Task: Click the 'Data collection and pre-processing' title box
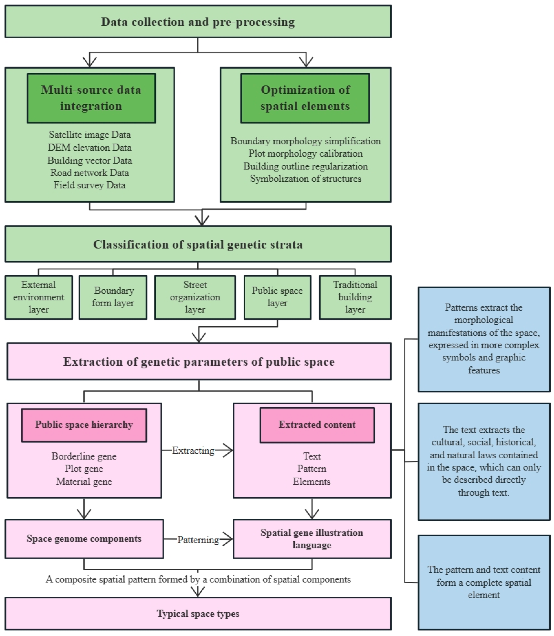click(x=198, y=22)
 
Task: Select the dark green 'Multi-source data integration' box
click(x=91, y=98)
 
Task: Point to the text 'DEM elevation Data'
click(x=90, y=147)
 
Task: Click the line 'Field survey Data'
click(x=90, y=185)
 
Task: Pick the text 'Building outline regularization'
click(x=305, y=166)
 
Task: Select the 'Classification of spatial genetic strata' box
click(x=198, y=244)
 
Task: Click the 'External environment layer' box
click(x=39, y=297)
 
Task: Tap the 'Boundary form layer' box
click(x=113, y=297)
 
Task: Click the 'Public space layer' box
click(x=277, y=297)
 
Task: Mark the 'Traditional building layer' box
click(x=355, y=297)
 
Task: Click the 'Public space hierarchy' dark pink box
click(x=84, y=425)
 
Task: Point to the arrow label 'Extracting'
click(x=193, y=451)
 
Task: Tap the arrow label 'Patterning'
click(x=198, y=540)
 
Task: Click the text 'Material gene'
click(x=84, y=482)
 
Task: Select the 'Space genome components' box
click(x=84, y=539)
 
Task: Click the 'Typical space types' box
click(x=198, y=614)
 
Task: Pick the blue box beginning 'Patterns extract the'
click(x=484, y=339)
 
